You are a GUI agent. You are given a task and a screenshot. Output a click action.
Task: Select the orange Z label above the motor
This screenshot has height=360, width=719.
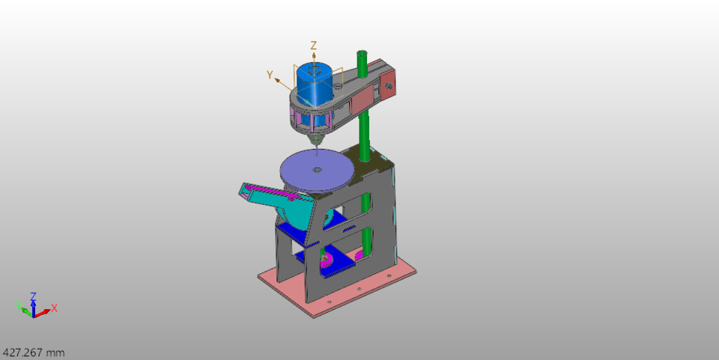click(x=314, y=46)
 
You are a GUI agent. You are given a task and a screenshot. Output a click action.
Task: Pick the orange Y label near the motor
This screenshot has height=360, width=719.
click(x=270, y=74)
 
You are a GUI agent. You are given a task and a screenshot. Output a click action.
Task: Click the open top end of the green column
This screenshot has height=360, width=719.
click(x=362, y=55)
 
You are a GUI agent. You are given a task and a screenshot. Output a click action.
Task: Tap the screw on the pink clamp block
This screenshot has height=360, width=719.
click(x=389, y=85)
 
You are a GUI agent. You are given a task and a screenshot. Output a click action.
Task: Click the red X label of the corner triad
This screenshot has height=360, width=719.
click(x=55, y=308)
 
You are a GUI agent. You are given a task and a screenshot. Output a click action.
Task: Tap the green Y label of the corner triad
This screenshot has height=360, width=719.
click(x=19, y=305)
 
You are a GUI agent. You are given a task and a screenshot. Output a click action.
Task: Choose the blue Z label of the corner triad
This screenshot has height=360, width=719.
click(x=33, y=296)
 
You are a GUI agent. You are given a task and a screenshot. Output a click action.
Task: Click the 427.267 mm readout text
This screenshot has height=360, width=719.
click(x=34, y=352)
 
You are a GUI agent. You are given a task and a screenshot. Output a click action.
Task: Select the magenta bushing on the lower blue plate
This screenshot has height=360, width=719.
click(x=326, y=260)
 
